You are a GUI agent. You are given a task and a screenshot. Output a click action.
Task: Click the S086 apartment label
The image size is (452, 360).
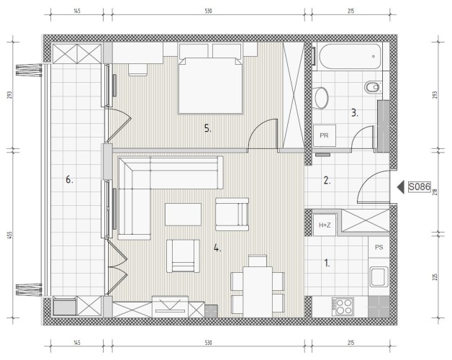coord(420,187)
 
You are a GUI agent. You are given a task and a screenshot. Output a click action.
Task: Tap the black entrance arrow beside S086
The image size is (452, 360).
coord(401,187)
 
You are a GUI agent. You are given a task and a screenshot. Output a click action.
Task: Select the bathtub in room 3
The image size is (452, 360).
coord(350,56)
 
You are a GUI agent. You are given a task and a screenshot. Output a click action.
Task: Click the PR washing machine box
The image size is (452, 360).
coord(325,135)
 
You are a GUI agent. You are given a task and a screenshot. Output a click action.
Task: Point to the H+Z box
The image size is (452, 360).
coord(325,225)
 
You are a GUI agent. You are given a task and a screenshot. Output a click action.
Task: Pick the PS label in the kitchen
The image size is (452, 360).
coord(379,247)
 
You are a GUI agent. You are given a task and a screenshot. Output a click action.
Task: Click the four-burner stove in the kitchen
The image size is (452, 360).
coord(343,307)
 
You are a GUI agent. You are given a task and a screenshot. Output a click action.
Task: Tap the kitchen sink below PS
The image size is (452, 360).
coord(379,277)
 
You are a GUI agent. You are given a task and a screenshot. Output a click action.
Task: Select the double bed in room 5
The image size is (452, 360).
coord(210,85)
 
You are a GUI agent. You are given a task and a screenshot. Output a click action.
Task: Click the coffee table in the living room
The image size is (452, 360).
coord(183,215)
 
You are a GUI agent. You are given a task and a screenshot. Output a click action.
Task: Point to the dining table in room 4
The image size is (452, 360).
coord(258,292)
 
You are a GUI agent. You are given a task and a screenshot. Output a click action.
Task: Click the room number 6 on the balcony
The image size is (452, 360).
coord(69,180)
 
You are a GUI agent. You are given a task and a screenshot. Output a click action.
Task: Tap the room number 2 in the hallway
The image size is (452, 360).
coord(327,181)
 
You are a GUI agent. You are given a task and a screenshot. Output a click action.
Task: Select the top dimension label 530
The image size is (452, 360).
coord(209,12)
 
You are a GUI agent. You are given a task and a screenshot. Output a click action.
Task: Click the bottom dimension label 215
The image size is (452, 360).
coord(351,343)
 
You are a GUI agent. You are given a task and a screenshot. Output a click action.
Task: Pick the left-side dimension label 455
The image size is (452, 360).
coord(9,235)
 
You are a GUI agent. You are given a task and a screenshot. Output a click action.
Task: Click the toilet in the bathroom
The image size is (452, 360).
coord(321,98)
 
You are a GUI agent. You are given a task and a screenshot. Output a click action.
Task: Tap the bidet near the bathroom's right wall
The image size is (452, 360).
coord(373,86)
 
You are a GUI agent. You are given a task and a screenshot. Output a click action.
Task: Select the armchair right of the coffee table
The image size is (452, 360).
coord(232,215)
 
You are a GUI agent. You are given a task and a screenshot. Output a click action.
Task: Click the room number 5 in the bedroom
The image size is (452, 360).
coord(208,128)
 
